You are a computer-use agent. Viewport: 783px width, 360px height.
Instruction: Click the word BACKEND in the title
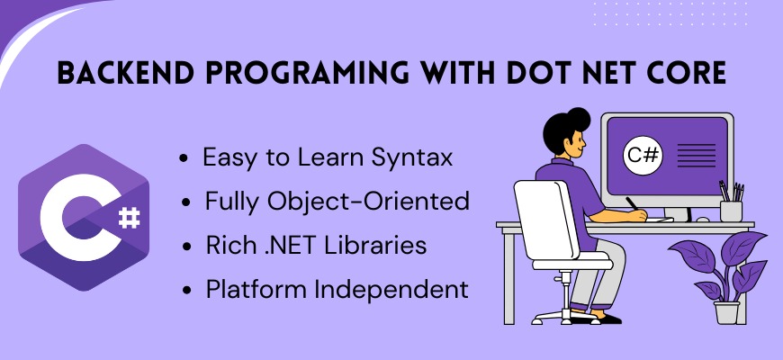(x=125, y=74)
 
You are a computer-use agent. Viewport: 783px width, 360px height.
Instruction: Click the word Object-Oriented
(x=368, y=202)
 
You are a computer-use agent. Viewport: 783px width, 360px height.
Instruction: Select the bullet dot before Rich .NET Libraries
(x=186, y=247)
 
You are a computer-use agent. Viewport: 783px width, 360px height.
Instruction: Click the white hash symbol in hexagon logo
(x=130, y=218)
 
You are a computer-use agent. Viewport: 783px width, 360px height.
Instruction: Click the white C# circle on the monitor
(x=643, y=156)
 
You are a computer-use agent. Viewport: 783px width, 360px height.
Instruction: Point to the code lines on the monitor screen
(x=696, y=156)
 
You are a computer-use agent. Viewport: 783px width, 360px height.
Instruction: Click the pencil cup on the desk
(x=731, y=211)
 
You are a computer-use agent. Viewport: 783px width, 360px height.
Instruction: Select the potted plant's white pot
(x=726, y=312)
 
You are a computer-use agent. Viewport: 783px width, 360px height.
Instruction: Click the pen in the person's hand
(x=632, y=203)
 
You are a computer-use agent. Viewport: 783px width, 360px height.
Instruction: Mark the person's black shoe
(x=606, y=318)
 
